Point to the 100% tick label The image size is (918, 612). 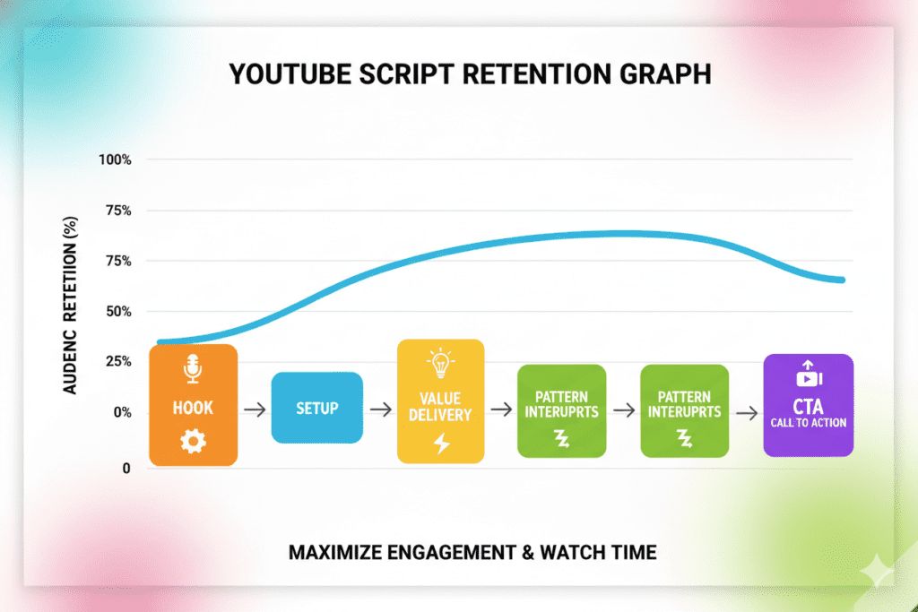(x=116, y=159)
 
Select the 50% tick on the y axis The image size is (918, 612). (x=118, y=312)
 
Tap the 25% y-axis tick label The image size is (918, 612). (x=118, y=362)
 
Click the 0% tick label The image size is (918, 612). (x=121, y=413)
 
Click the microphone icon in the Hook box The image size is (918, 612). (x=193, y=369)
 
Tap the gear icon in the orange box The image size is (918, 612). (x=193, y=441)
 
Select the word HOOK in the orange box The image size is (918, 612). (x=193, y=408)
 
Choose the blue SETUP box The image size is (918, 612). (x=316, y=408)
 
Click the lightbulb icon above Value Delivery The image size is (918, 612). (x=440, y=364)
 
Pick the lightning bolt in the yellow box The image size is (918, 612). (x=441, y=444)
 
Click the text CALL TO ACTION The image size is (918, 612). (x=808, y=423)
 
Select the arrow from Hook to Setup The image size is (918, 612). (x=254, y=409)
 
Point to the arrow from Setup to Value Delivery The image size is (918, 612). (x=380, y=409)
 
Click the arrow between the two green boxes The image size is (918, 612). (x=623, y=409)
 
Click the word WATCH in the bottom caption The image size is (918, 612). (x=564, y=552)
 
